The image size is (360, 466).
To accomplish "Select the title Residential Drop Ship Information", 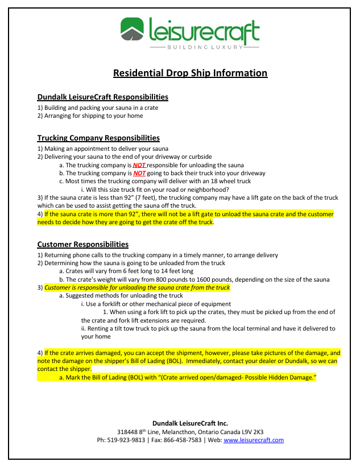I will click(x=190, y=73).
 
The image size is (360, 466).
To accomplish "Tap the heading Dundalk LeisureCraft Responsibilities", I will click(x=102, y=97).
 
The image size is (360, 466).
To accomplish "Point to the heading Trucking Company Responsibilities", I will click(x=98, y=138).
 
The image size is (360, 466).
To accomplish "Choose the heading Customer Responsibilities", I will click(x=83, y=245).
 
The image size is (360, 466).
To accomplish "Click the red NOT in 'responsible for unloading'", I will click(x=139, y=165).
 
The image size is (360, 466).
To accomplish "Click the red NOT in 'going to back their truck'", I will click(x=139, y=173).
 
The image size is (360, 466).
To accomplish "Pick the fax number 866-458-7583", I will click(x=179, y=440).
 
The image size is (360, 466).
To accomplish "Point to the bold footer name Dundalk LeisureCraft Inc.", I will click(x=190, y=423).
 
